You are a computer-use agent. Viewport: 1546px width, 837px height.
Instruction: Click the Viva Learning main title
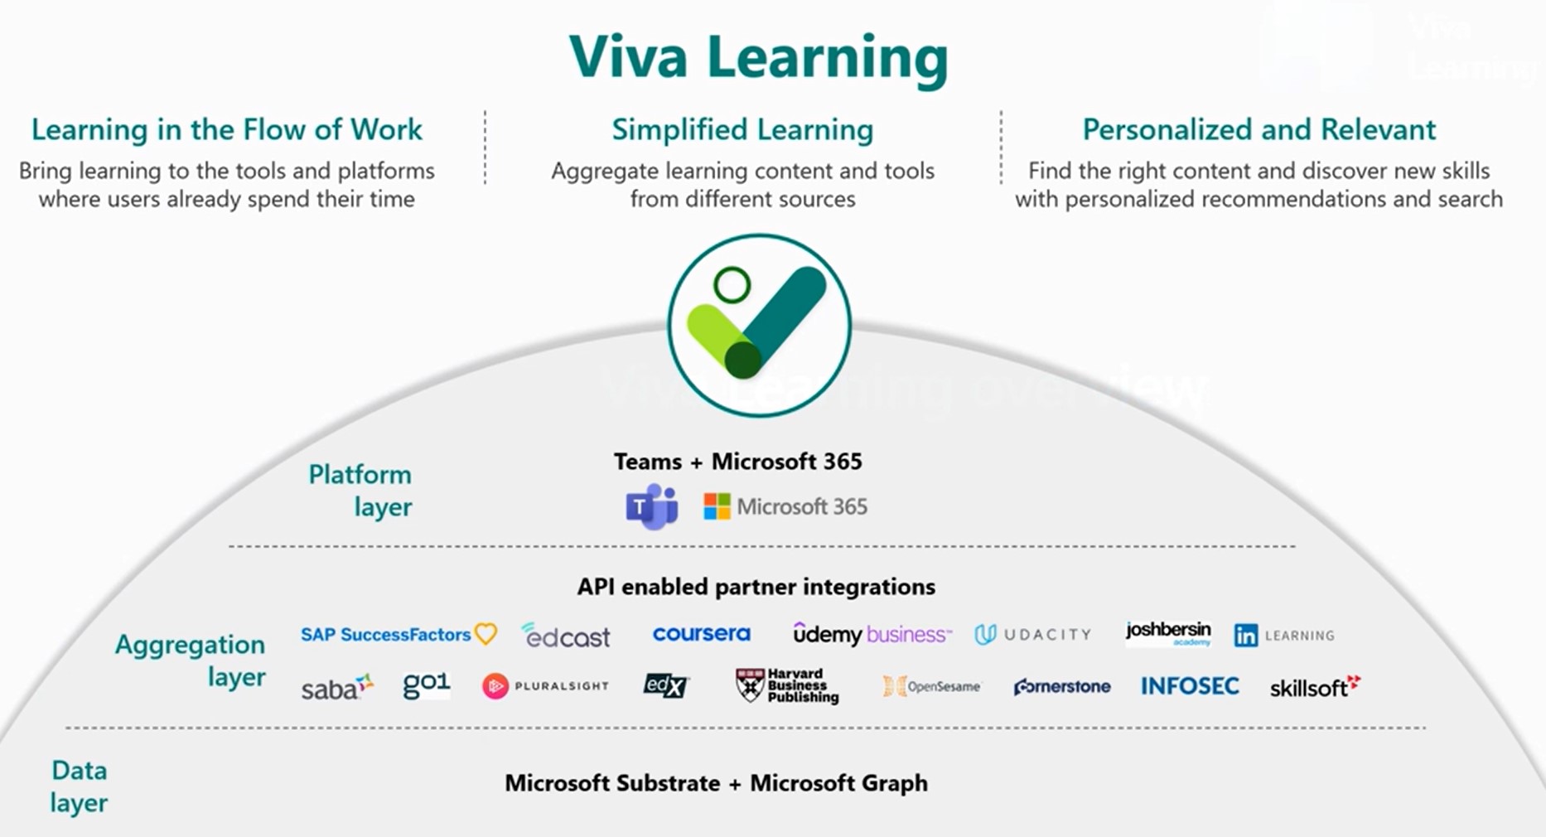[x=758, y=58]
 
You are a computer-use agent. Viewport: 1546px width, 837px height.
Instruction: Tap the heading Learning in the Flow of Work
[x=226, y=130]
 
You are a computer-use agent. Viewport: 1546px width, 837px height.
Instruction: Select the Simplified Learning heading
[x=742, y=130]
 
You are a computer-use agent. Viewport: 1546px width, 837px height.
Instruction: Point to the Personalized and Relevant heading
[x=1259, y=130]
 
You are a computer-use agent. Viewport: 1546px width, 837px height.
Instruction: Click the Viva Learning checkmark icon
[x=759, y=325]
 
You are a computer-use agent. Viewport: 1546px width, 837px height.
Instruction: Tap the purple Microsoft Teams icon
[x=651, y=507]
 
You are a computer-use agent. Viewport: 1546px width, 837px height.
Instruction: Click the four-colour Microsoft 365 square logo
[x=717, y=506]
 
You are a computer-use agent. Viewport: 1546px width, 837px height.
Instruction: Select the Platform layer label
[x=361, y=491]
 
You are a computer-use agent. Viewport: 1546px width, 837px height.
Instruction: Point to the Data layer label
[x=79, y=786]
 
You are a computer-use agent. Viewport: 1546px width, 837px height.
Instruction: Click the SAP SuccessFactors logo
[x=398, y=635]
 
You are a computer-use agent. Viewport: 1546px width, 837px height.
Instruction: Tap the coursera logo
[x=701, y=634]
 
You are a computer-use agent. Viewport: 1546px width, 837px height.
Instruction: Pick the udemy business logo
[x=872, y=635]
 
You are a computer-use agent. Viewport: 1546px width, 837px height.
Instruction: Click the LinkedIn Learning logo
[x=1283, y=636]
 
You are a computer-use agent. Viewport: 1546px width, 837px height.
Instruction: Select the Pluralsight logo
[x=545, y=686]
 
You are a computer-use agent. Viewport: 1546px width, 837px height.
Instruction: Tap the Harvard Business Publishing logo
[x=787, y=686]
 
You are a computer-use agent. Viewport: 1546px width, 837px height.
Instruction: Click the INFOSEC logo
[x=1190, y=686]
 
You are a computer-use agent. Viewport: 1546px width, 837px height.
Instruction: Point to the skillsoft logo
[x=1315, y=687]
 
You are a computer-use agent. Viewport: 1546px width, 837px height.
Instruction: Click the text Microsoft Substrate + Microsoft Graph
[x=716, y=783]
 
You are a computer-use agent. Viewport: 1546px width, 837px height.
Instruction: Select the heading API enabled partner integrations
[x=756, y=587]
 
